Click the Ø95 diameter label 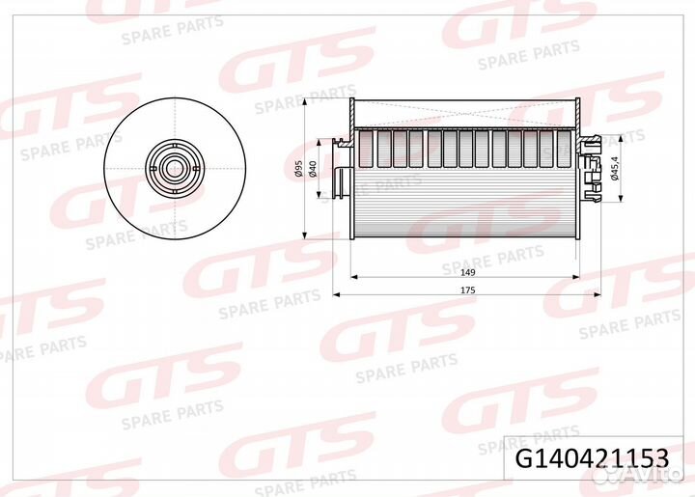(x=298, y=169)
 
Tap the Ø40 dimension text (x=313, y=169)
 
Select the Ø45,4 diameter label (x=614, y=168)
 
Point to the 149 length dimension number (x=467, y=272)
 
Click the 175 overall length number (x=467, y=290)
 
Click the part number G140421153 (x=592, y=458)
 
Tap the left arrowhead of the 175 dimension (x=336, y=294)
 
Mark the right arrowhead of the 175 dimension (x=598, y=294)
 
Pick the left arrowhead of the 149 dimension (x=354, y=277)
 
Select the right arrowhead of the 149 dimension (x=576, y=277)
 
